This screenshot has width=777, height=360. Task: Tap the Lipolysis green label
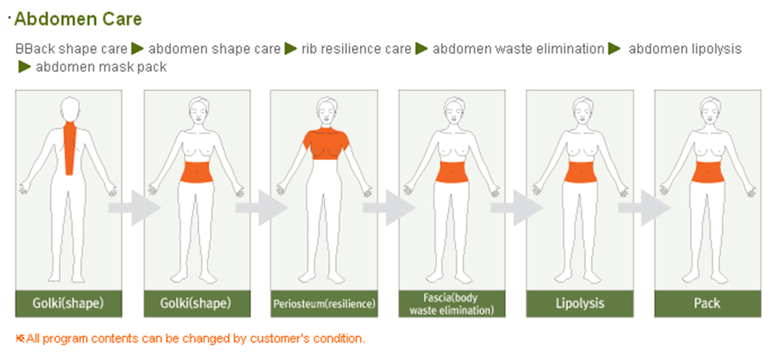click(579, 304)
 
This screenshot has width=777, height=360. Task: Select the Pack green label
click(707, 304)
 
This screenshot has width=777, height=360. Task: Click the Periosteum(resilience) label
click(324, 304)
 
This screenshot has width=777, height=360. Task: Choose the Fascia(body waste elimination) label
click(452, 304)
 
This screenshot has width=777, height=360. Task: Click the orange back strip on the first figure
click(69, 144)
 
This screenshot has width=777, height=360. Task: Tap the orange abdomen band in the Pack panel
click(707, 172)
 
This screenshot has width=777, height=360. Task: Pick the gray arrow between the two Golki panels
click(133, 208)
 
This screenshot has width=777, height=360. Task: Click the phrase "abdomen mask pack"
click(101, 67)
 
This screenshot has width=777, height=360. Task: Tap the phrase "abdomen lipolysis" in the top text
click(685, 49)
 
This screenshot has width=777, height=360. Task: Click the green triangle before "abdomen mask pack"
click(25, 67)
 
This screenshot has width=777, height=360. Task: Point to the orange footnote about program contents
click(190, 338)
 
